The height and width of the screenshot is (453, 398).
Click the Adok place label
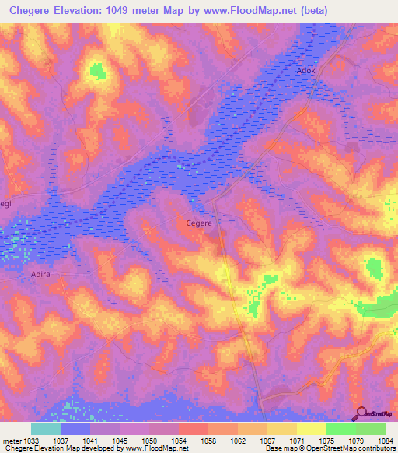click(x=307, y=70)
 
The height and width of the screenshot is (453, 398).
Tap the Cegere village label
click(x=199, y=223)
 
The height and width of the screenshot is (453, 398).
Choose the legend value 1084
click(x=385, y=440)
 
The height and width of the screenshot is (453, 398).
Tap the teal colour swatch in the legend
click(x=46, y=429)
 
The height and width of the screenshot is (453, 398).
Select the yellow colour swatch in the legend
click(x=311, y=429)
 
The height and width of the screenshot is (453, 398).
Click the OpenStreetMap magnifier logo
click(x=360, y=413)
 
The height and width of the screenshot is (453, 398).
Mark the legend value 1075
click(x=326, y=440)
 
